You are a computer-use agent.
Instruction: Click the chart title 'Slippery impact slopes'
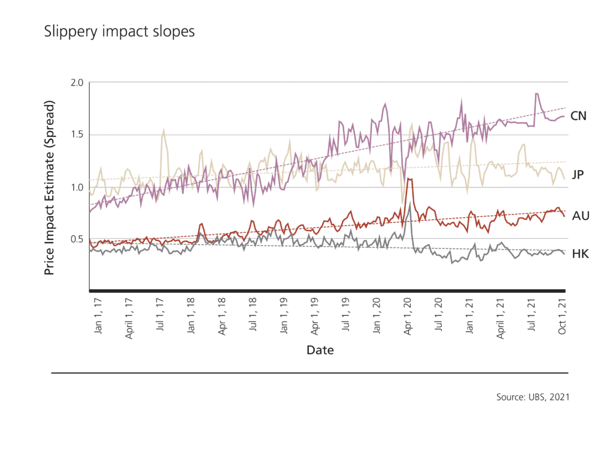119,32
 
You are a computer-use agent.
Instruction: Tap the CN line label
578,116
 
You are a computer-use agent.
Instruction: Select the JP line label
578,174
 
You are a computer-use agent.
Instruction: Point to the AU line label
581,216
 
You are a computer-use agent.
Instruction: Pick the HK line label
580,254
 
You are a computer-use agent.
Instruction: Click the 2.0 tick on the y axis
77,82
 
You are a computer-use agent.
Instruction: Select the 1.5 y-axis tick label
77,135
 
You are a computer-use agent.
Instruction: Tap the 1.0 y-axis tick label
77,187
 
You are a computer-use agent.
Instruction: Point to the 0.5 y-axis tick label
77,239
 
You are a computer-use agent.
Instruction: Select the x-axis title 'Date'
320,350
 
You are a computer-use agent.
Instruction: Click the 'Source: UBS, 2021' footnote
532,396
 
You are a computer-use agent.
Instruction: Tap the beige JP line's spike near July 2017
163,131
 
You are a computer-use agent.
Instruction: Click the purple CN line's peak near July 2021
536,94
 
